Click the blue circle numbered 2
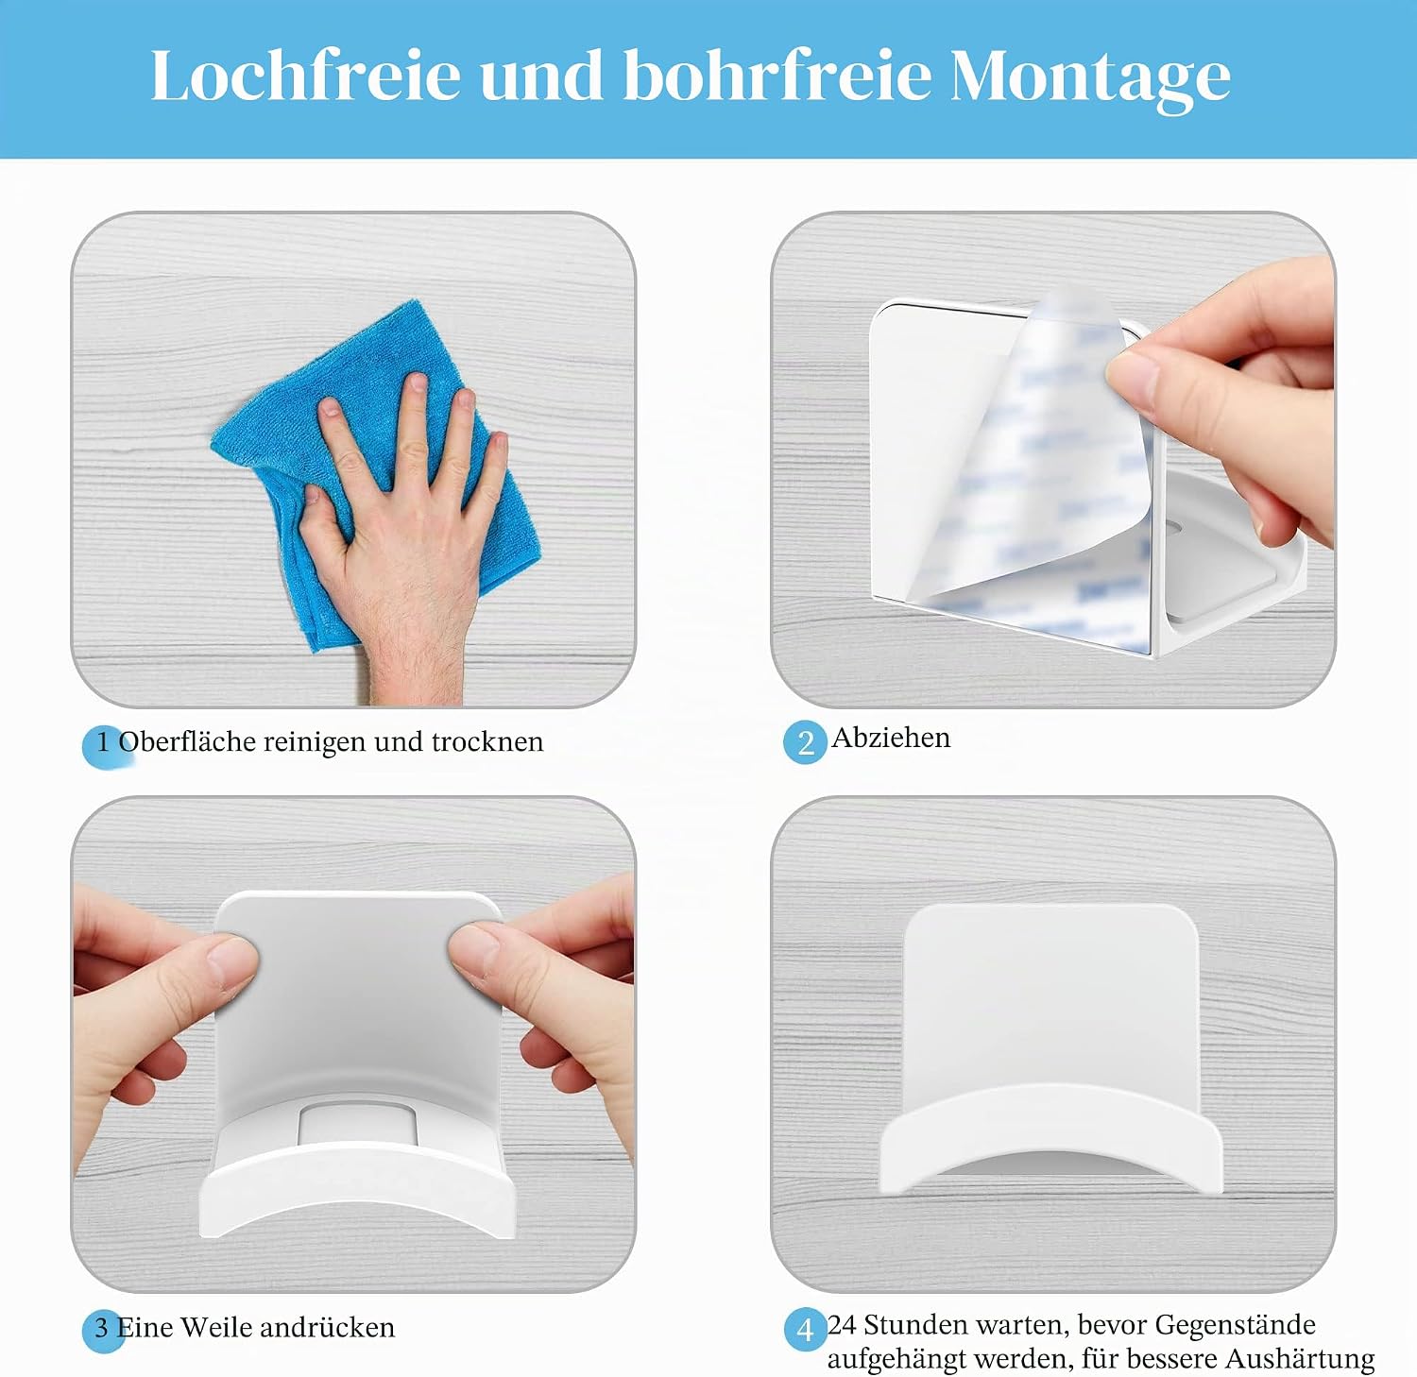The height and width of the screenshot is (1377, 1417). point(805,742)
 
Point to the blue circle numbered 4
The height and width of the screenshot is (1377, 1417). point(806,1330)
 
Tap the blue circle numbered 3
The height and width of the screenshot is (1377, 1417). point(103,1330)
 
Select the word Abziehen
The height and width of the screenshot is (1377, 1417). point(891,738)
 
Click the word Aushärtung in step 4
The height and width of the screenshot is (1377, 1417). point(1300,1359)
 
